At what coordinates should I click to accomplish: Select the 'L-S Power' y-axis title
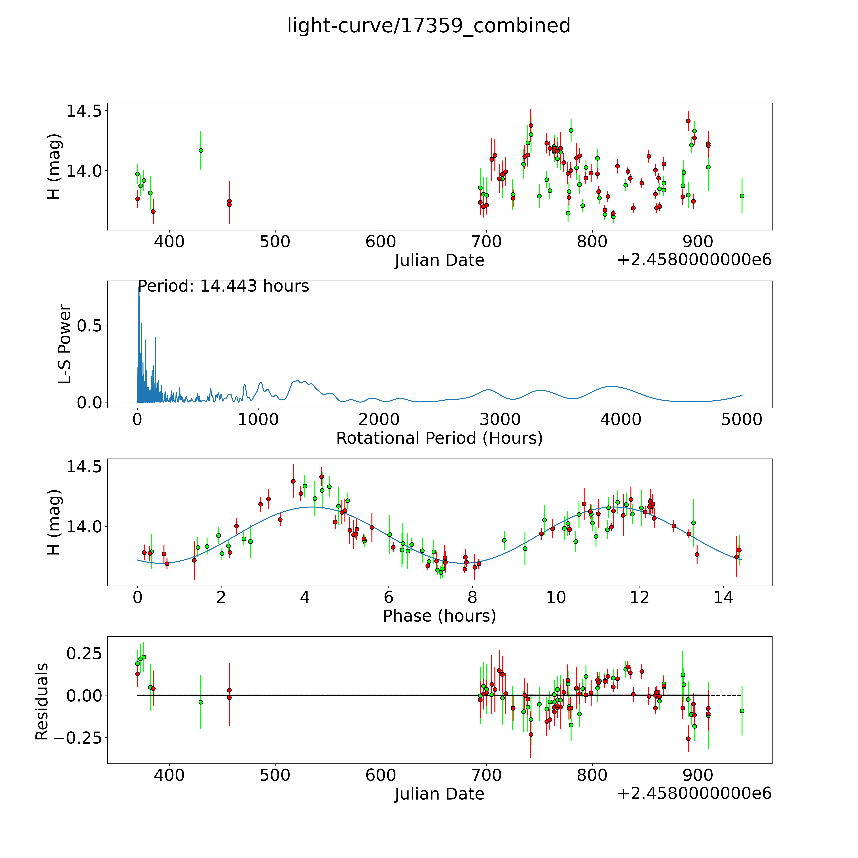[65, 344]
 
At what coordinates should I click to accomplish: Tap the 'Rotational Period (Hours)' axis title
[439, 438]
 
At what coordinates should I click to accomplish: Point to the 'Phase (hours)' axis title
[439, 616]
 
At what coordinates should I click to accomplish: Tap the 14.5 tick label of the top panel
[83, 111]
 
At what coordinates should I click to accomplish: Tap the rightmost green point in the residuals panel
[742, 711]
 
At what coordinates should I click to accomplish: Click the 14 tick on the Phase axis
[723, 597]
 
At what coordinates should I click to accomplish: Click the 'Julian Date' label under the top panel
[439, 260]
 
